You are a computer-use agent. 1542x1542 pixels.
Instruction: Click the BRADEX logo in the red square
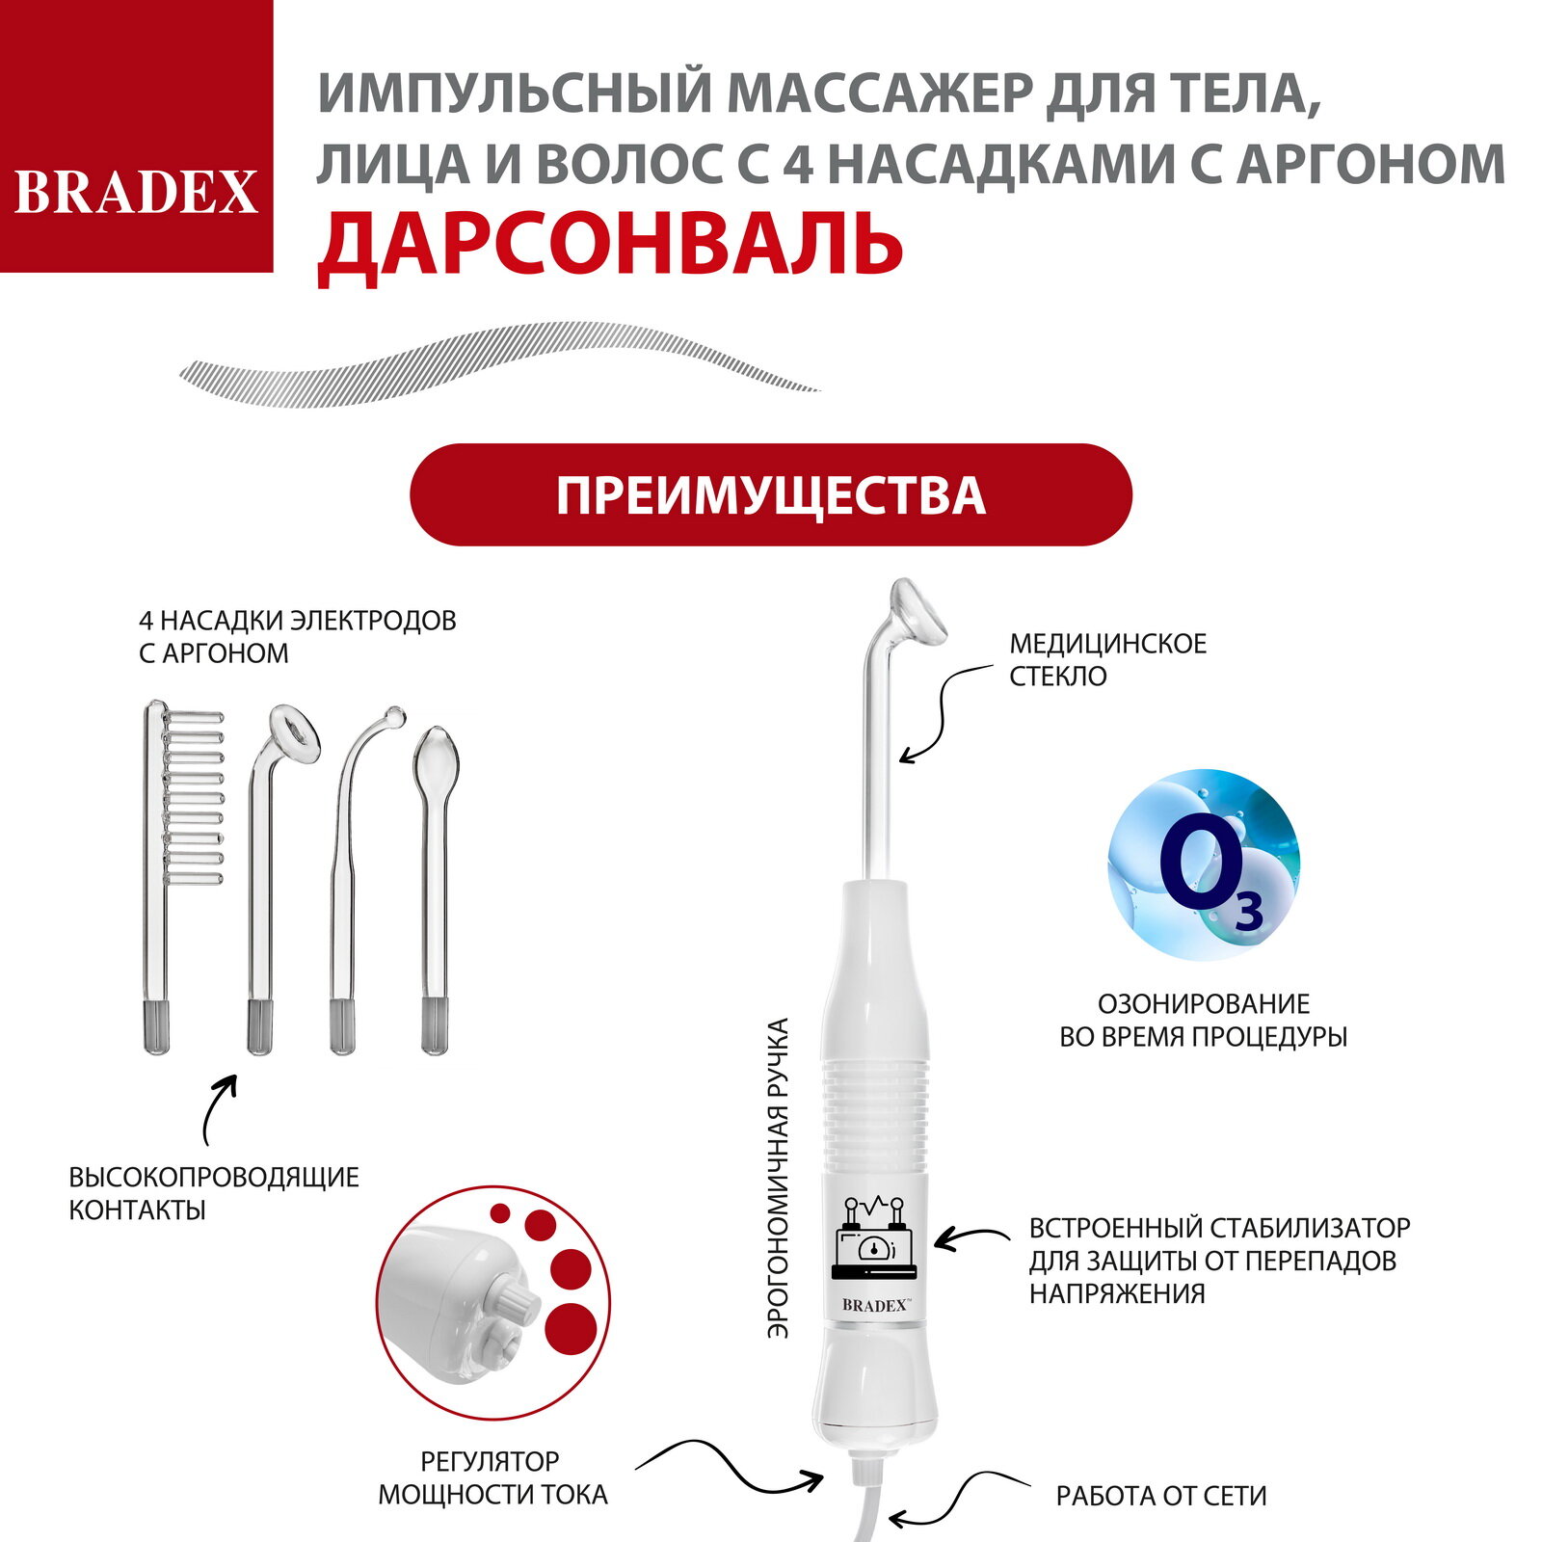click(136, 191)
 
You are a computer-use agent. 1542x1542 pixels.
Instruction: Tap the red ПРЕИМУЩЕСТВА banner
click(770, 495)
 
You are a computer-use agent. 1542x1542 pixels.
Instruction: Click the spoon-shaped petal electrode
click(435, 867)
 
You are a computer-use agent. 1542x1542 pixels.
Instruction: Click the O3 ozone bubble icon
click(1203, 864)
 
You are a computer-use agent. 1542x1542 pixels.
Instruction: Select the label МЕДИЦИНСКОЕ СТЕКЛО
click(1107, 659)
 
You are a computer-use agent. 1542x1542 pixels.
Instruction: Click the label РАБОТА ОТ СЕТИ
click(1160, 1496)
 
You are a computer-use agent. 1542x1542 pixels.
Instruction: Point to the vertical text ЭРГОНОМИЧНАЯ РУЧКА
click(779, 1178)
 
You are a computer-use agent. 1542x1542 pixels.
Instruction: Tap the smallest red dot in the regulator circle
click(499, 1211)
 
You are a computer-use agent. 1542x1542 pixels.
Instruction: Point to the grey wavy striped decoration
click(501, 364)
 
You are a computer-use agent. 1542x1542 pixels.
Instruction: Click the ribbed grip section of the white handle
click(874, 1118)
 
